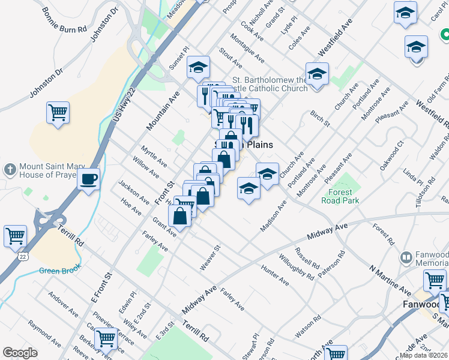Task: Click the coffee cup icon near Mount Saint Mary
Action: pyautogui.click(x=88, y=178)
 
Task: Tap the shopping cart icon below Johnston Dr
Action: pyautogui.click(x=58, y=112)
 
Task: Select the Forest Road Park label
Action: pyautogui.click(x=343, y=196)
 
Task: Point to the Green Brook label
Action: pyautogui.click(x=60, y=271)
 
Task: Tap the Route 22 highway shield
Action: pyautogui.click(x=22, y=256)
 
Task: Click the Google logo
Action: pyautogui.click(x=20, y=352)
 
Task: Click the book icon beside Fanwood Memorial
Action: pyautogui.click(x=406, y=258)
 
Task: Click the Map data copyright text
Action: pyautogui.click(x=423, y=355)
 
